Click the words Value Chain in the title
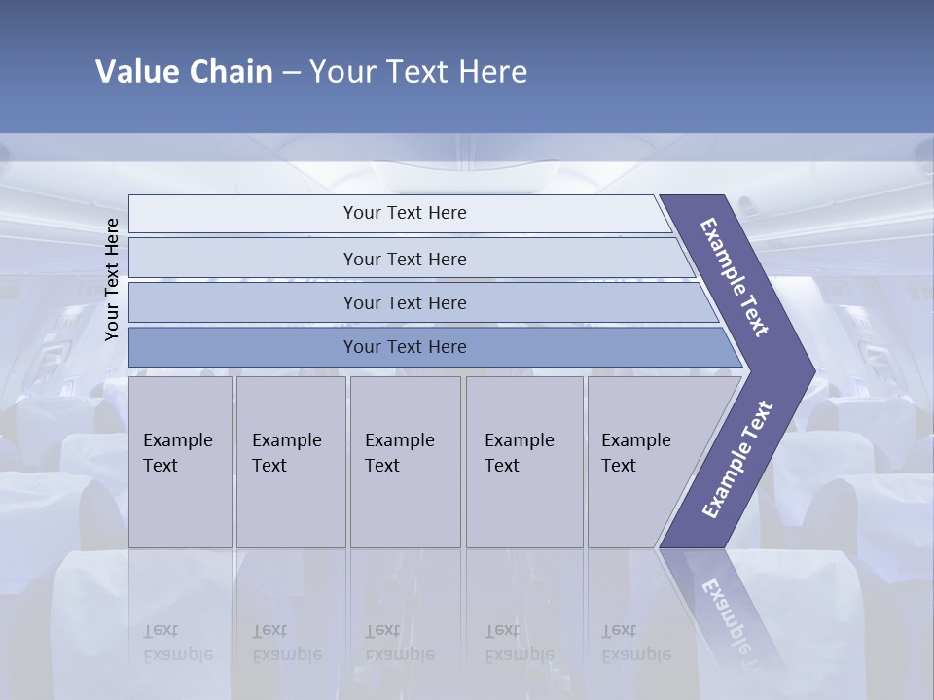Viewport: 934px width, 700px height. click(x=184, y=71)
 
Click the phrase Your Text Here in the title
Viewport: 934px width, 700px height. click(x=418, y=71)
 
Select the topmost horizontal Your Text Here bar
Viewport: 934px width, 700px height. click(x=405, y=213)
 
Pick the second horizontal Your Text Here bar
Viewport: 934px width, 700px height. click(x=405, y=259)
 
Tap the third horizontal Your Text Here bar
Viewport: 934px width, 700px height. click(x=405, y=302)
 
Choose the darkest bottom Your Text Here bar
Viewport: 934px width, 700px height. click(x=405, y=347)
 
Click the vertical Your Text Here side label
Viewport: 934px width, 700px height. click(x=112, y=280)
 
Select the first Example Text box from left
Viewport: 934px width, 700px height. click(x=180, y=461)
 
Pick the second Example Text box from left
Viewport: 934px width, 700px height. click(x=290, y=461)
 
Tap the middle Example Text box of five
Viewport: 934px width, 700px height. click(x=405, y=461)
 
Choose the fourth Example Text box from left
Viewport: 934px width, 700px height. click(x=523, y=461)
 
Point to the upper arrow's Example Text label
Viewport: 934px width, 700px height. click(x=735, y=277)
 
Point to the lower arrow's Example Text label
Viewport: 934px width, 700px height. click(x=736, y=459)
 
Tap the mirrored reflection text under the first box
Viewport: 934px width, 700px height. click(x=177, y=643)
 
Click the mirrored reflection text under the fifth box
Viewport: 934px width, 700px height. click(x=635, y=643)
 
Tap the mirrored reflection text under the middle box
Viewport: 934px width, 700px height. click(x=399, y=643)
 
